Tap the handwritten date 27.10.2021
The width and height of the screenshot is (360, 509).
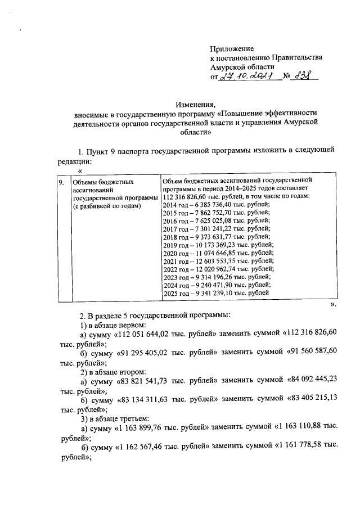click(x=246, y=77)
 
